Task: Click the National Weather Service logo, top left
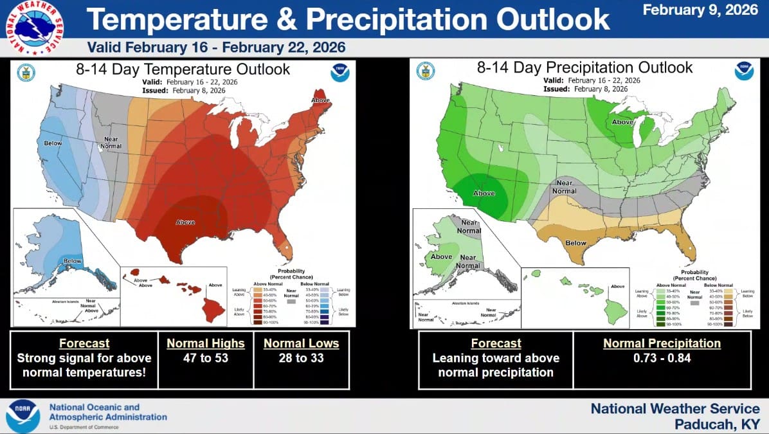(x=35, y=26)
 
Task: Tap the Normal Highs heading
(x=206, y=343)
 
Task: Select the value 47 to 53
(x=206, y=358)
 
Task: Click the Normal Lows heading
(x=301, y=343)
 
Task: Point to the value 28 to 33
(x=301, y=358)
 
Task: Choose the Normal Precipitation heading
(x=662, y=343)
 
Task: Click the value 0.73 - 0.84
(x=662, y=358)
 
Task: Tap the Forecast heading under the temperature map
(x=84, y=343)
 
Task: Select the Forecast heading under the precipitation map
(x=496, y=343)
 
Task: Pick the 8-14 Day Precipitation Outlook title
(x=584, y=68)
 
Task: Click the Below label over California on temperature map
(x=53, y=143)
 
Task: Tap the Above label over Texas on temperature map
(x=185, y=222)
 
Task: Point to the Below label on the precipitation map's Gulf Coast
(x=575, y=243)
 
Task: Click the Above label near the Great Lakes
(x=622, y=122)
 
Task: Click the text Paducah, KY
(x=717, y=424)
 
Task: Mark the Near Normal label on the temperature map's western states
(x=111, y=142)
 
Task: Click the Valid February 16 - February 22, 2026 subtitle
(x=216, y=48)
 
